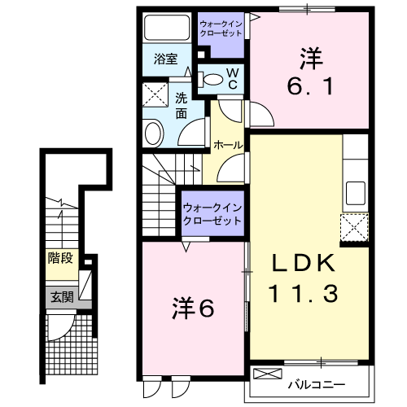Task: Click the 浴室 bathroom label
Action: [165, 59]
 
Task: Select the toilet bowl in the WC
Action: [212, 79]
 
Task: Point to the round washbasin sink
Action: [153, 133]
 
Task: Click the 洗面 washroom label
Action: [182, 107]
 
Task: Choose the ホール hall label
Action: [227, 144]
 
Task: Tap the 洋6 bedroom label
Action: [194, 309]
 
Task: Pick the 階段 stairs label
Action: [61, 259]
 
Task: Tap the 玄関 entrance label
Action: [61, 297]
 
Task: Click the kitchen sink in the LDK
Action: [356, 194]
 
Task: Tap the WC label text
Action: [232, 79]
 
